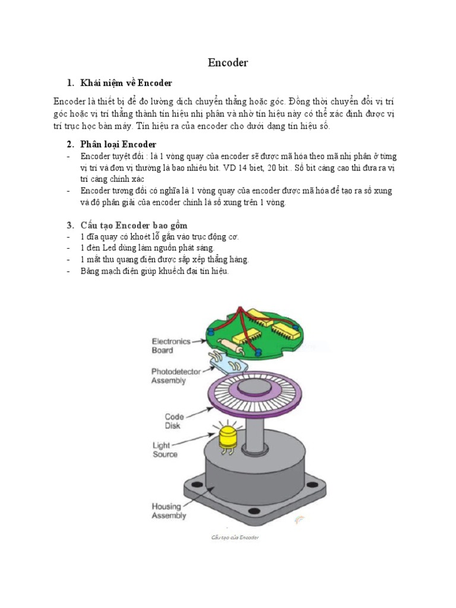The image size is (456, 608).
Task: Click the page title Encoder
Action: click(228, 62)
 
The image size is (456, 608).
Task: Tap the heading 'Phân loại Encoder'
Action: click(119, 144)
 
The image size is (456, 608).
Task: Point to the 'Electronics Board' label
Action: click(171, 346)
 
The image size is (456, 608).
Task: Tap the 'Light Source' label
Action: click(165, 449)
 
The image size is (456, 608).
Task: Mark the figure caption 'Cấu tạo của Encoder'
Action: click(235, 537)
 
